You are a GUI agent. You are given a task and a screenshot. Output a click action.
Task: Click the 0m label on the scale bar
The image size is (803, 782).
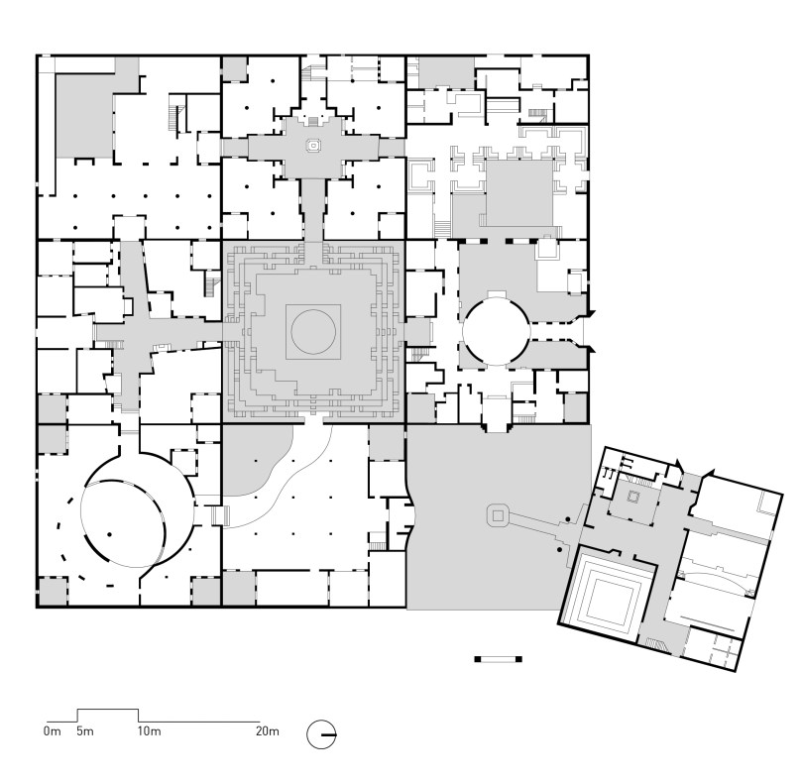pos(53,730)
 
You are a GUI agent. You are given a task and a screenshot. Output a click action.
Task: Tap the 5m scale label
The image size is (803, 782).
pos(85,730)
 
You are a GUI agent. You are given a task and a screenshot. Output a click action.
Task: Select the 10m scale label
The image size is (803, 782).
pos(149,730)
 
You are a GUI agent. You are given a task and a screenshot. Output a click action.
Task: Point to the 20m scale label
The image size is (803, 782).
pos(268,730)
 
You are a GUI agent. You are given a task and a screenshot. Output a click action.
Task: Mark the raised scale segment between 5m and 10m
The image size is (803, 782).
pos(107,710)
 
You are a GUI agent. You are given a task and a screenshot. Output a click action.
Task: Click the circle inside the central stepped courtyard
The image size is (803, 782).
pos(313,331)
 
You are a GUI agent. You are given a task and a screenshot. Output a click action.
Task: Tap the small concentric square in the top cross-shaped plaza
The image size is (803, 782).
pos(313,146)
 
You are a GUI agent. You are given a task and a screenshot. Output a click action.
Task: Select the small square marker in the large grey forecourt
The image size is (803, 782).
pos(498,515)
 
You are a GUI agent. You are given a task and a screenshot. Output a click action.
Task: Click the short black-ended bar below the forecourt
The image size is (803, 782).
pos(498,659)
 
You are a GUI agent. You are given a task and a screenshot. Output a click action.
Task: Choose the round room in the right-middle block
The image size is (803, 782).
pos(496,331)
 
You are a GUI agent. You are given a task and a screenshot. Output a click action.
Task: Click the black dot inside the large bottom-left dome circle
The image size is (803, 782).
pos(110,534)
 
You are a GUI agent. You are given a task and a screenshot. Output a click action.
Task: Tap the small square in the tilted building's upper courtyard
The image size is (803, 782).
pos(633,497)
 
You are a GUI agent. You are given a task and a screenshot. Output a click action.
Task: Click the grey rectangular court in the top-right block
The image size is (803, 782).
pos(519,193)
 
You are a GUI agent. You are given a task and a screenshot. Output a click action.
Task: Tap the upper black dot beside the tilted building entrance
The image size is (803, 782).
pos(568,519)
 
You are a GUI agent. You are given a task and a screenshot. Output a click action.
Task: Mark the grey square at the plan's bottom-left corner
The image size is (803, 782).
pos(53,591)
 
